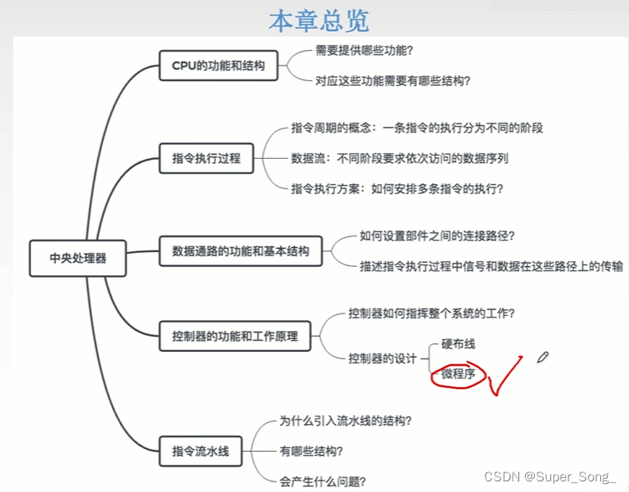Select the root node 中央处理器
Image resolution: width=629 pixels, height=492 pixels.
click(78, 258)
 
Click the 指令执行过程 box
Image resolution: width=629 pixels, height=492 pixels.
click(206, 158)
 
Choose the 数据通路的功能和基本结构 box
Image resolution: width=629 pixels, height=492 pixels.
click(241, 251)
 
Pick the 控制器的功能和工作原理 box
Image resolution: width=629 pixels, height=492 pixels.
click(235, 336)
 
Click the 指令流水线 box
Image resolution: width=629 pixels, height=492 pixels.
click(201, 449)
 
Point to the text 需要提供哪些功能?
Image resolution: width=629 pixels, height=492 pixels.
click(364, 50)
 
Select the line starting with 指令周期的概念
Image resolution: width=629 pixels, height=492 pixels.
click(417, 128)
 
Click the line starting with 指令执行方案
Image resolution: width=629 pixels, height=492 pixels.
click(397, 188)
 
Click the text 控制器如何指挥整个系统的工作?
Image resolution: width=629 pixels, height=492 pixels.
click(431, 313)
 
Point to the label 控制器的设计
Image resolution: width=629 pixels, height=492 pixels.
click(382, 358)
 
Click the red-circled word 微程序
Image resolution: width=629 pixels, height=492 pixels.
click(459, 374)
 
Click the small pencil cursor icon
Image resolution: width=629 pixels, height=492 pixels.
click(542, 357)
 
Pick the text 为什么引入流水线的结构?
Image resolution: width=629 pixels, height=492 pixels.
click(346, 422)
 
